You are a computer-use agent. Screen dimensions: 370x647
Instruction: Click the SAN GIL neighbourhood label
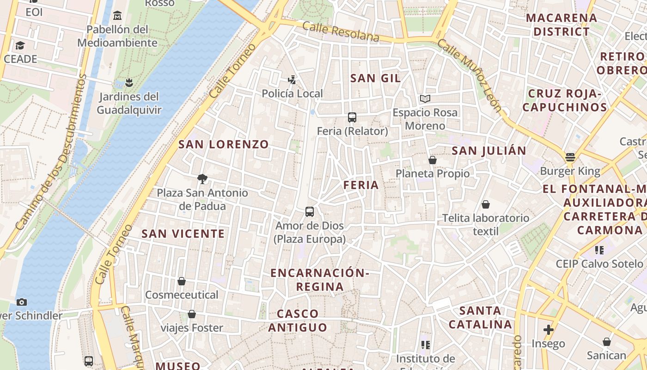tap(375, 78)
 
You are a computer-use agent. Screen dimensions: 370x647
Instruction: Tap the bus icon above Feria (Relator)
tap(352, 117)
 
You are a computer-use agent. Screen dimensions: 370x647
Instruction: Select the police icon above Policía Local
tap(292, 80)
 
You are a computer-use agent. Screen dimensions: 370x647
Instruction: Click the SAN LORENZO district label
tap(224, 144)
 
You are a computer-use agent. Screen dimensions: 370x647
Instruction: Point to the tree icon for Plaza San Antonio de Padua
tap(202, 179)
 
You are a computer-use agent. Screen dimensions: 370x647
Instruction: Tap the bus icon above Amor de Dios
tap(310, 212)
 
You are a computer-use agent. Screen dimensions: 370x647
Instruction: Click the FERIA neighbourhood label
tap(361, 185)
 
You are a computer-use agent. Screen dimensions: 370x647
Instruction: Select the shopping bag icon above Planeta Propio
tap(433, 160)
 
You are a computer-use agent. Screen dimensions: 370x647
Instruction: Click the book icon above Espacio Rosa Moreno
tap(425, 99)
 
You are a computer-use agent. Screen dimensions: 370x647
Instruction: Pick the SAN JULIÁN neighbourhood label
tap(489, 151)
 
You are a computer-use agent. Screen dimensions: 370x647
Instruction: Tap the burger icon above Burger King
tap(570, 157)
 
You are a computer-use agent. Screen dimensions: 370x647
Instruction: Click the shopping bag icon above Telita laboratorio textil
tap(486, 204)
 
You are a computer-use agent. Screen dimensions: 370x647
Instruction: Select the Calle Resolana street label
tap(341, 32)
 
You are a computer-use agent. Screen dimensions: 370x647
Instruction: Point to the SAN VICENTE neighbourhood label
tap(183, 234)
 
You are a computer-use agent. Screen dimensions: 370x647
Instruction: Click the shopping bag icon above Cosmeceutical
tap(182, 281)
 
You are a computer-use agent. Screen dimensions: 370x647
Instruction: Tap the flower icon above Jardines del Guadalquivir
tap(129, 83)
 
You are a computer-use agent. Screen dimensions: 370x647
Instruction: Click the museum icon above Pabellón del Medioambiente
tap(117, 16)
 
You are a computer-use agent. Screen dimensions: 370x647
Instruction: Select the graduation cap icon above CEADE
tap(20, 45)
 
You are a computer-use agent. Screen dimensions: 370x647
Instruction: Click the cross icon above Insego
tap(549, 330)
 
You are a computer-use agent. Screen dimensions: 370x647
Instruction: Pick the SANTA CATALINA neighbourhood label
tap(481, 317)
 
